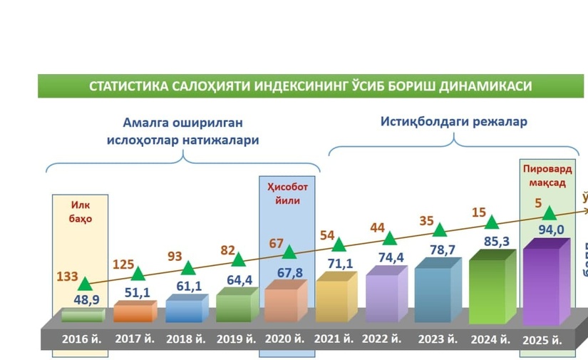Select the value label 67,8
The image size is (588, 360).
[x=288, y=274]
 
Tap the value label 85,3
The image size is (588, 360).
[x=496, y=242]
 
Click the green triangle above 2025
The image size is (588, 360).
[x=549, y=212]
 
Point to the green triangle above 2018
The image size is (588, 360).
[x=188, y=268]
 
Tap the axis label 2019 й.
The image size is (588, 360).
[x=236, y=339]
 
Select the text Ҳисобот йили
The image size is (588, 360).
[x=284, y=193]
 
